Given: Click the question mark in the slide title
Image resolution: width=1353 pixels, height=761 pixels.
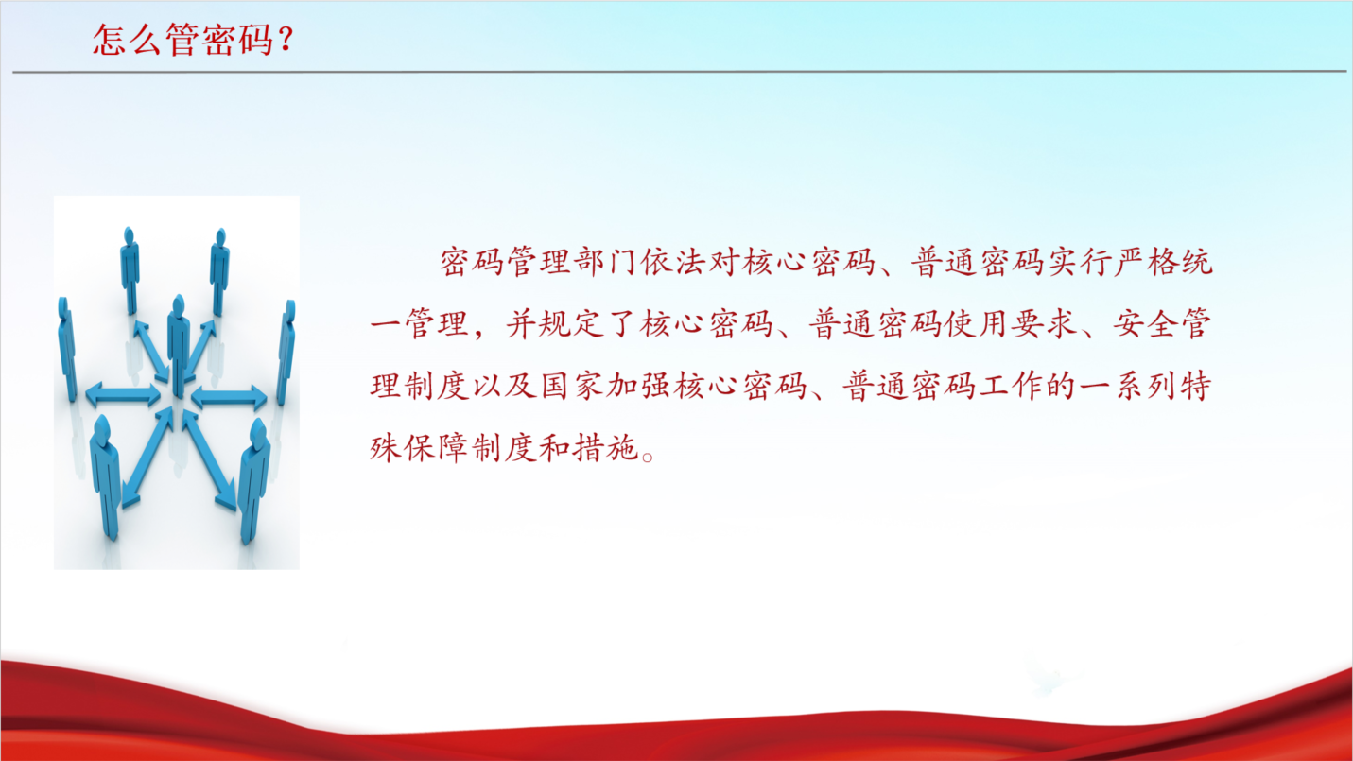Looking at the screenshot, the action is [x=286, y=40].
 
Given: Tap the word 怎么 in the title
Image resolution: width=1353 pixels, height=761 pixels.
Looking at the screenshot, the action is [x=128, y=40].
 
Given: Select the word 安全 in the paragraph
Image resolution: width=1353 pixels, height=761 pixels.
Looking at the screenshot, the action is [x=1147, y=323].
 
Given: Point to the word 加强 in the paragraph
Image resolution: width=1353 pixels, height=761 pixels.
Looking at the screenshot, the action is [x=639, y=387].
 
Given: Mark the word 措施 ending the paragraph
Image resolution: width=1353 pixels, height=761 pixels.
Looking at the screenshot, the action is [x=605, y=448].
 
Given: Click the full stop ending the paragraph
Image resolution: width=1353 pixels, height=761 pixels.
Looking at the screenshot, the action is [x=648, y=457].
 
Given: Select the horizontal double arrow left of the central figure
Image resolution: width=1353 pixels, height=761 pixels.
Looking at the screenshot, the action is [x=123, y=395].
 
